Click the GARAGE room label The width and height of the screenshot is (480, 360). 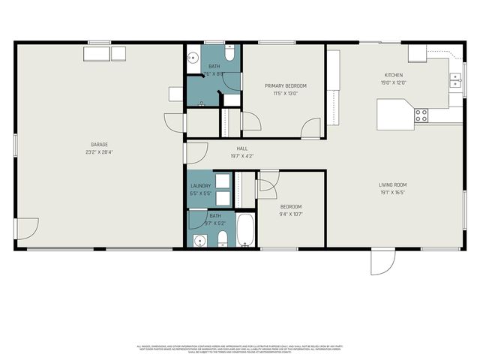point(99,144)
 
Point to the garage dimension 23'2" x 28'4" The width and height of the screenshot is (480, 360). point(99,151)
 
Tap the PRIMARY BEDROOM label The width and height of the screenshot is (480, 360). point(286,86)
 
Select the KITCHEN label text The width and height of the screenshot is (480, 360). point(394,76)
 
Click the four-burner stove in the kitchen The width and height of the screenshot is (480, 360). point(421,115)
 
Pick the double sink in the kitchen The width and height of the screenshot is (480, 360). point(455,80)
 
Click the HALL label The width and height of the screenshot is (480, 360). point(242,148)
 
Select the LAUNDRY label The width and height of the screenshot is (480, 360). point(201,185)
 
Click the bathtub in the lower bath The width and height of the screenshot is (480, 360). point(247,232)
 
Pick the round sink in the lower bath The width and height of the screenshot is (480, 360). point(199,240)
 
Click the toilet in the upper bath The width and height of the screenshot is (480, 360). point(230,52)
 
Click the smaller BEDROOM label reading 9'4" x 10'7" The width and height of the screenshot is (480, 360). point(291,206)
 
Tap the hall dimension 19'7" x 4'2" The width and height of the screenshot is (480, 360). point(242,156)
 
